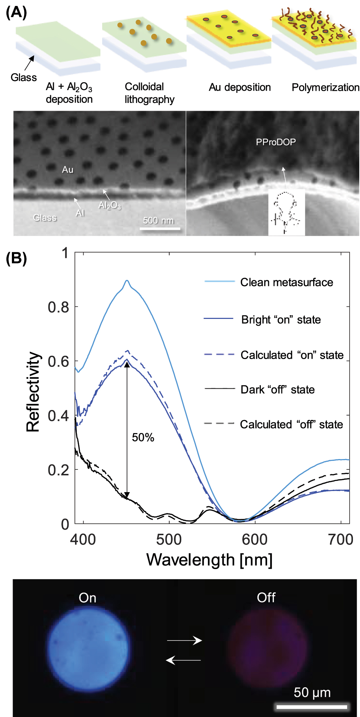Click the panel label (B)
click(16, 258)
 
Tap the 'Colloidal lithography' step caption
click(149, 93)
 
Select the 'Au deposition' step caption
click(240, 87)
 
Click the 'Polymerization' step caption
click(325, 87)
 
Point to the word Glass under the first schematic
click(24, 77)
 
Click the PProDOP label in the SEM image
click(276, 142)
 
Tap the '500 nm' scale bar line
click(160, 228)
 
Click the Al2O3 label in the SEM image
click(110, 205)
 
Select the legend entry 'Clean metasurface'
click(286, 282)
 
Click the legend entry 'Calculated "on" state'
click(292, 355)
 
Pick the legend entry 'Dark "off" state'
click(278, 390)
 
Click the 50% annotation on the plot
click(143, 437)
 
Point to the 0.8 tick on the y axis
click(58, 307)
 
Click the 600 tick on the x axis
click(255, 539)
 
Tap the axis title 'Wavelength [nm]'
click(210, 560)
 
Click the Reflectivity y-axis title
click(33, 391)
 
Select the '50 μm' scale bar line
click(311, 706)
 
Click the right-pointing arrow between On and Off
click(184, 640)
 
